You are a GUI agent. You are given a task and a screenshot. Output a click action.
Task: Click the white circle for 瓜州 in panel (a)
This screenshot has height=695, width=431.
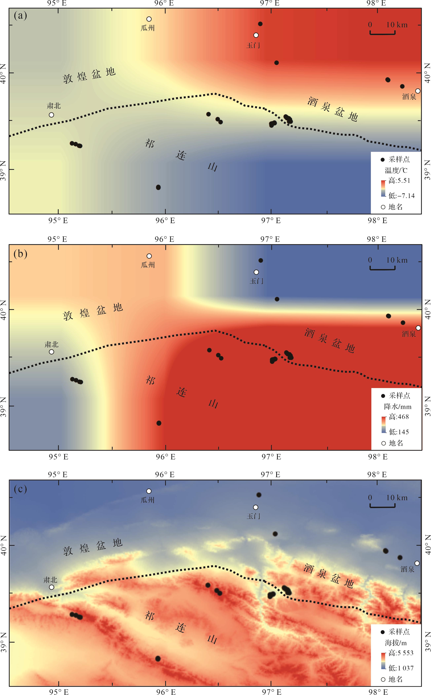tap(149, 19)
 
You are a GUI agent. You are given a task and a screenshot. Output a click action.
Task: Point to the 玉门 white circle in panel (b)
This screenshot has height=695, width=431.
tap(256, 272)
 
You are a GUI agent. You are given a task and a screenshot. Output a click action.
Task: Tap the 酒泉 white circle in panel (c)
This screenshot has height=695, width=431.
tap(417, 563)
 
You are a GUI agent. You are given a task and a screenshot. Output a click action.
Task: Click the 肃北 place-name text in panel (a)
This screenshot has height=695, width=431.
tap(54, 106)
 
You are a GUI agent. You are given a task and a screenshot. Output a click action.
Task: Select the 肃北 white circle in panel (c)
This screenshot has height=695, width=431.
tap(52, 587)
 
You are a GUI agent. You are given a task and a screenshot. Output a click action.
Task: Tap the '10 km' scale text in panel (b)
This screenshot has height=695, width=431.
tap(397, 260)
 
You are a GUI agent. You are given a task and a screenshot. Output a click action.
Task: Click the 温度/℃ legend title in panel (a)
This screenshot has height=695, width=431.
tap(396, 170)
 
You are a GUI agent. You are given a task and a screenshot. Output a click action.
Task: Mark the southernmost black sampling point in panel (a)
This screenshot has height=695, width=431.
tap(158, 187)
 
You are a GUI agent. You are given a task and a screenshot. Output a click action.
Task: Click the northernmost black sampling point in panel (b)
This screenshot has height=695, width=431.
tap(261, 260)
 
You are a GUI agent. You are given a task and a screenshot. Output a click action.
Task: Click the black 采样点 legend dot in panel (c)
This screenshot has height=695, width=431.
tap(383, 632)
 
